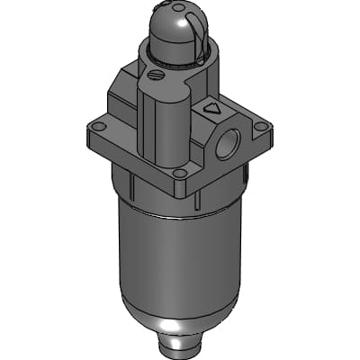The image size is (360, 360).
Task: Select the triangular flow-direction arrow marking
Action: pos(212,108)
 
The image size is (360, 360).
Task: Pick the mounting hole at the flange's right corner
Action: pos(262,128)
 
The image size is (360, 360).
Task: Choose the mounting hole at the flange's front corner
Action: pos(179,175)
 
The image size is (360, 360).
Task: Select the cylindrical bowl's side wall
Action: pos(171,261)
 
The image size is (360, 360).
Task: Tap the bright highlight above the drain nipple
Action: pos(180,324)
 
